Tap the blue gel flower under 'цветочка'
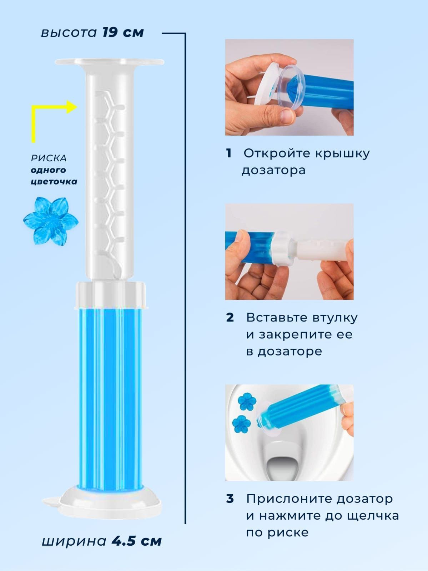(x=50, y=221)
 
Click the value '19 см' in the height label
(x=123, y=32)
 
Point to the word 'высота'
(x=69, y=33)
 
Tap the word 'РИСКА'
(x=49, y=158)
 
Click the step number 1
(x=229, y=153)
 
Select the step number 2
(x=230, y=318)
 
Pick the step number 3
(x=230, y=499)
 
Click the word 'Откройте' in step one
(x=277, y=153)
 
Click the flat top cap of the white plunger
(x=109, y=62)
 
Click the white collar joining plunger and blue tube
(x=110, y=294)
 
